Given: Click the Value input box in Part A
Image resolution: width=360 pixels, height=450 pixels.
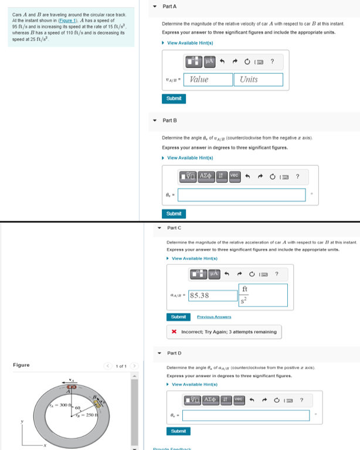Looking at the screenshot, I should click(210, 79).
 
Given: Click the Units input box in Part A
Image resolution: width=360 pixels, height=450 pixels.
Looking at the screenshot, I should click(259, 79).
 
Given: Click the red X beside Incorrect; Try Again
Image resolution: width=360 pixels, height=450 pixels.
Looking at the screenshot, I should click(175, 332).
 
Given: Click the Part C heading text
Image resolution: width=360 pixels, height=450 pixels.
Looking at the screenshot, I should click(174, 227).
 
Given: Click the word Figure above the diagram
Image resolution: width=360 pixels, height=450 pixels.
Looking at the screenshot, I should click(21, 365).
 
